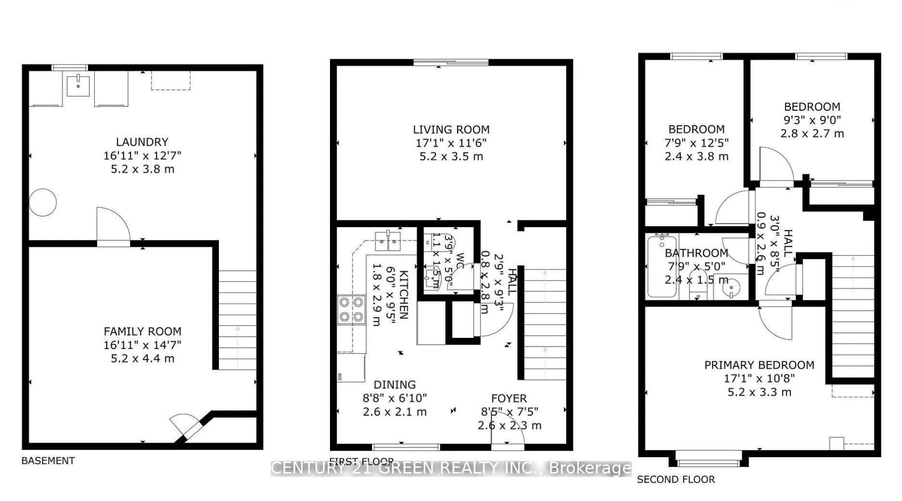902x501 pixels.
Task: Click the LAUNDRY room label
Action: pyautogui.click(x=142, y=142)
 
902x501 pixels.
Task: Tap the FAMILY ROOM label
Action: pyautogui.click(x=142, y=331)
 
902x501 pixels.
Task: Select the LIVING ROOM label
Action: pyautogui.click(x=451, y=129)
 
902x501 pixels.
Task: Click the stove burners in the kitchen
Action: pyautogui.click(x=351, y=309)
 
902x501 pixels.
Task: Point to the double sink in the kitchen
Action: pyautogui.click(x=388, y=241)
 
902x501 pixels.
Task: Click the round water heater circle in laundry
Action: pyautogui.click(x=43, y=203)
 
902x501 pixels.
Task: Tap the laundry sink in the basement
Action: pyautogui.click(x=78, y=86)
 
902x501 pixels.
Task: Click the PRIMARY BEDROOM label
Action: pyautogui.click(x=759, y=365)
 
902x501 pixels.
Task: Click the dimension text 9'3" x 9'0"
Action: pyautogui.click(x=812, y=120)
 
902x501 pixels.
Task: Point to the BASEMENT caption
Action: pyautogui.click(x=48, y=461)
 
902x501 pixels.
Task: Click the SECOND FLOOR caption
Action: pyautogui.click(x=675, y=479)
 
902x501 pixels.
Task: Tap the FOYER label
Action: pyautogui.click(x=509, y=398)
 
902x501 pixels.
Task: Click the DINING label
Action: pyautogui.click(x=394, y=385)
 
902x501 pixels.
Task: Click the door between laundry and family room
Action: pyautogui.click(x=114, y=228)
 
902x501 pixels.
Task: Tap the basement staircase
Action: pyautogui.click(x=238, y=320)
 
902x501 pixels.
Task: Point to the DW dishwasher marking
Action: pyautogui.click(x=340, y=376)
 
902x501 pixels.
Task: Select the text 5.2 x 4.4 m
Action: pyautogui.click(x=142, y=359)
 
